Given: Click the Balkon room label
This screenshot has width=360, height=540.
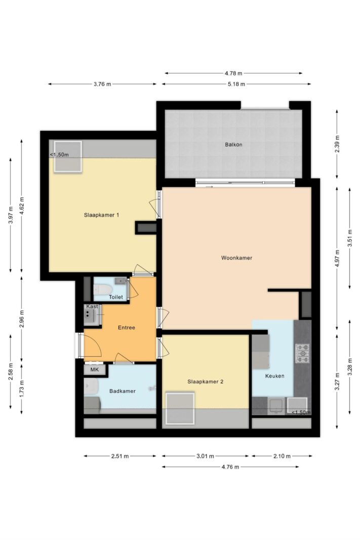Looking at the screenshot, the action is coord(233,145).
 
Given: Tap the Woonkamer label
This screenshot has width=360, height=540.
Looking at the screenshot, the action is coord(236,258).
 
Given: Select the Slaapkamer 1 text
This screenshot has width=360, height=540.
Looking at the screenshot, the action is coord(102,215).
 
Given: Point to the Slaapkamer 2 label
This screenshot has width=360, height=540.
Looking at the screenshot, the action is coord(206,382).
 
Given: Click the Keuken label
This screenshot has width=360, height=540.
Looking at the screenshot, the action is coord(274,376).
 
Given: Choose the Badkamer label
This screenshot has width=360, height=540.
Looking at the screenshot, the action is coord(123,391).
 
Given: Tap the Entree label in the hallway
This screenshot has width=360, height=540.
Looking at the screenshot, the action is coord(127,327).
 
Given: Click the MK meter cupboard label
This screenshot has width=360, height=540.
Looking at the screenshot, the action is coord(94,370).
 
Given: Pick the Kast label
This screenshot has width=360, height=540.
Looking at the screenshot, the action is coord(92,306).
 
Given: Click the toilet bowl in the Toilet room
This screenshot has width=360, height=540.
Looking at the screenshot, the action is coord(102,289).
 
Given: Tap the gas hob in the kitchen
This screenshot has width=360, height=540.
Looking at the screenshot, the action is coord(302,353).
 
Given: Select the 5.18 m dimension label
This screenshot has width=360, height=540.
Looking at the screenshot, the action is coord(236,84).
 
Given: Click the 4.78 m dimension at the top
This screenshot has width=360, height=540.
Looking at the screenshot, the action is coord(233,73).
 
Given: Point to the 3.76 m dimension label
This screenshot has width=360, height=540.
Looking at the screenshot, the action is coord(102,84).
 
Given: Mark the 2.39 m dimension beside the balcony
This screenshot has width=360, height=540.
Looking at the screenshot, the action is coord(337,144).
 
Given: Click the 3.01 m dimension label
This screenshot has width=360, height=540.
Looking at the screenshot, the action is coord(206,456).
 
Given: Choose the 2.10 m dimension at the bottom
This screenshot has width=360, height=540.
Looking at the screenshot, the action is coord(282,456).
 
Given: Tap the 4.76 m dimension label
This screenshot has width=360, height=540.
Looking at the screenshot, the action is coord(230,467).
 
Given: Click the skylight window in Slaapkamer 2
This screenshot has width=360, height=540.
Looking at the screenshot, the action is coord(180,408).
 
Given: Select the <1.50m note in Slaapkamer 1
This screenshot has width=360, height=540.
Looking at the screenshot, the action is coord(59,155).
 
